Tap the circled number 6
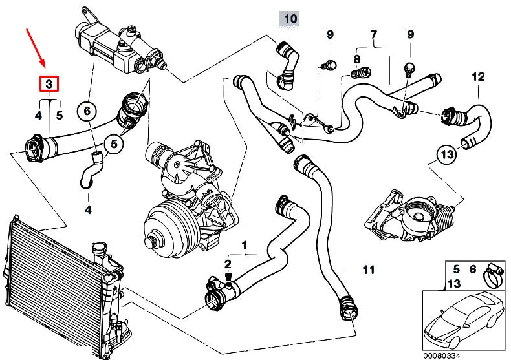click(x=86, y=111)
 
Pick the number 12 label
click(x=477, y=77)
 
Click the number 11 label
click(x=368, y=270)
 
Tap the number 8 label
click(x=356, y=59)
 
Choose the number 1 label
click(x=245, y=245)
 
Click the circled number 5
click(x=114, y=143)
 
